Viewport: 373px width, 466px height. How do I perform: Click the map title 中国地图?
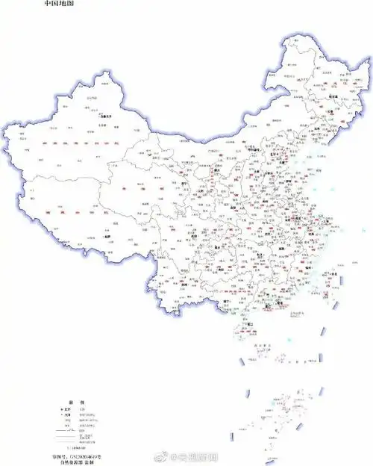pos(60,4)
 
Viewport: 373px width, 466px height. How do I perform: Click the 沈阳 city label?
pos(316,128)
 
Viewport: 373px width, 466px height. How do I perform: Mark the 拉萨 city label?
pos(107,237)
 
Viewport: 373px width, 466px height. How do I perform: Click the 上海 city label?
pos(322,221)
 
